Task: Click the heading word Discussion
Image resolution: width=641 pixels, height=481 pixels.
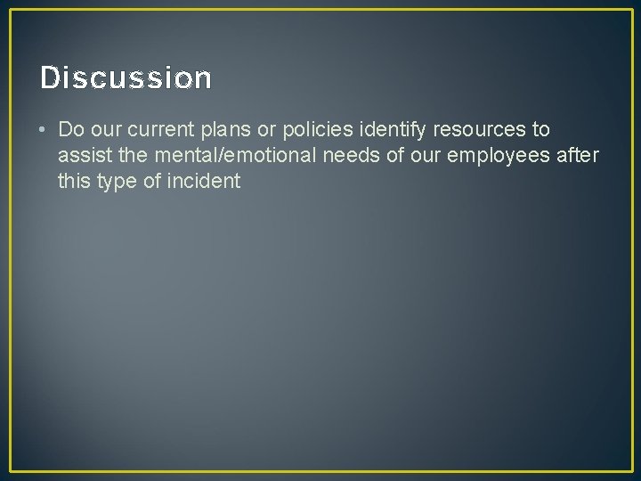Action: click(x=126, y=78)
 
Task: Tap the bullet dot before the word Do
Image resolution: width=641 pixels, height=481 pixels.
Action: click(x=43, y=129)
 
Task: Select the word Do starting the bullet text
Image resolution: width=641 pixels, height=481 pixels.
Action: click(x=70, y=129)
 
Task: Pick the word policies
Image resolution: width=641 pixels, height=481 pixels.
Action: click(x=316, y=130)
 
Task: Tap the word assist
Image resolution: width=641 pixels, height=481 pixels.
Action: click(x=83, y=156)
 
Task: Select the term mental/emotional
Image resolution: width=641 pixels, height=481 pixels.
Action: click(x=222, y=156)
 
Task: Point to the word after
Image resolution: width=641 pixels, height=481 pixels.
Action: click(x=577, y=156)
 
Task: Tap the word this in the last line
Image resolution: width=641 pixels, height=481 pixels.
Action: click(x=75, y=182)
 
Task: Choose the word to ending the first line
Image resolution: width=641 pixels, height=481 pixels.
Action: click(x=541, y=129)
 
